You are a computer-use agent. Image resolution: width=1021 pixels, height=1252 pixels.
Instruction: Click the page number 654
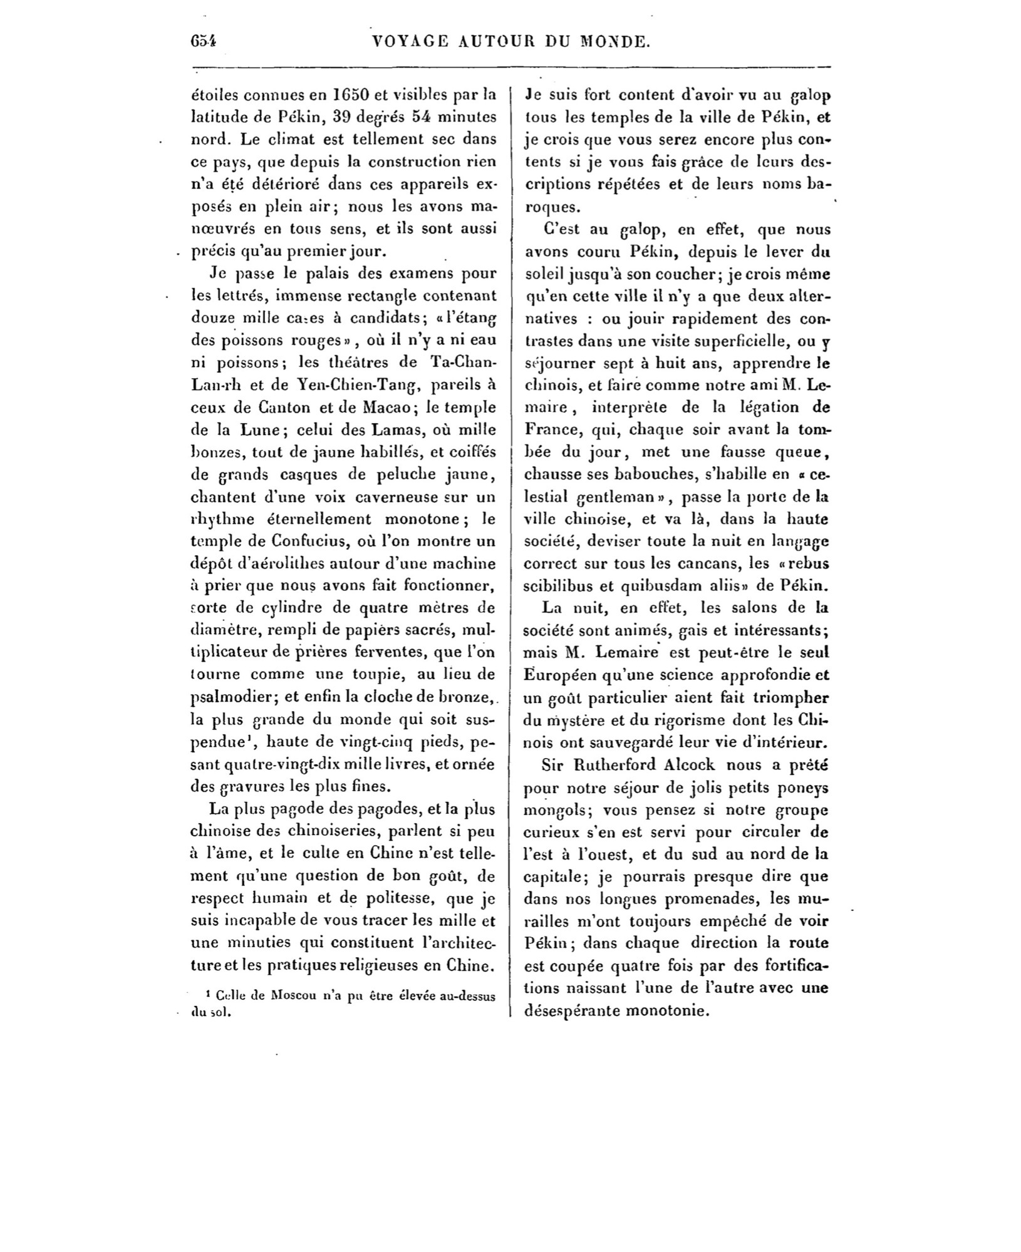[204, 41]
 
